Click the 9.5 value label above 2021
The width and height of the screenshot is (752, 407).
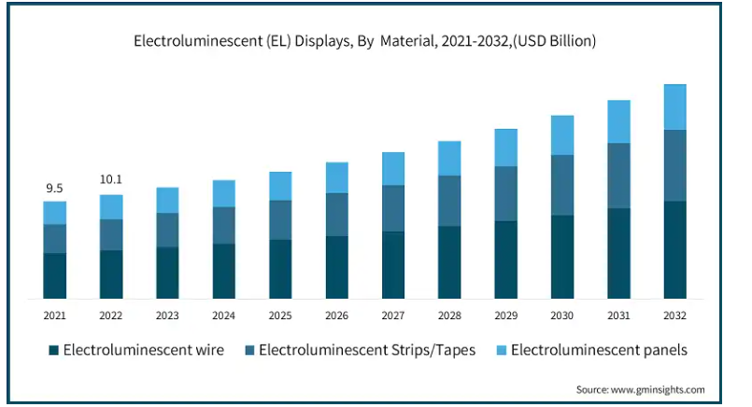pos(54,189)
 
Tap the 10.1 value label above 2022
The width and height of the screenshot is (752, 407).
pos(111,179)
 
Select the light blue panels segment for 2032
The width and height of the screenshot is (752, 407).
pos(674,107)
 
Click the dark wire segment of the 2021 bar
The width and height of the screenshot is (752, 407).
pos(55,275)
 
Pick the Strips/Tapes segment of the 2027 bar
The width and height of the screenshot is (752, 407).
pos(393,208)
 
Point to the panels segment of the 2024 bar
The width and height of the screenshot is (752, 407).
pos(224,193)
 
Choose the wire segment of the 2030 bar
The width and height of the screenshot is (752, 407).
pos(562,257)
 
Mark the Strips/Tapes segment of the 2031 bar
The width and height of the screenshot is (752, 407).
pos(618,175)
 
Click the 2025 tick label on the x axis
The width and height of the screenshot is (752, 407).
pos(280,316)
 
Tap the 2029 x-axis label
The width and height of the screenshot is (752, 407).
pos(506,316)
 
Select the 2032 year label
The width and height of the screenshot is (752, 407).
pos(674,316)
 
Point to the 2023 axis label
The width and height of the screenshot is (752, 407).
pos(167,316)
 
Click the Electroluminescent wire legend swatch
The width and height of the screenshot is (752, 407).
pos(54,350)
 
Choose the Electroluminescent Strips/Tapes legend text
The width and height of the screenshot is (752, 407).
pos(367,350)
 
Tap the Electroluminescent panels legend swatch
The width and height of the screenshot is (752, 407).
pos(501,350)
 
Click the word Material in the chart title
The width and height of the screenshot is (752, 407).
pos(408,41)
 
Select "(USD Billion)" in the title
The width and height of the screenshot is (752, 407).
pos(554,41)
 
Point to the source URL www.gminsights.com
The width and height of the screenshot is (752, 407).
pos(658,390)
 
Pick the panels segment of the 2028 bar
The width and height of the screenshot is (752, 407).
pos(449,159)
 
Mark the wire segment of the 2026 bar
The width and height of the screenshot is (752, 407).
pos(336,268)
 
